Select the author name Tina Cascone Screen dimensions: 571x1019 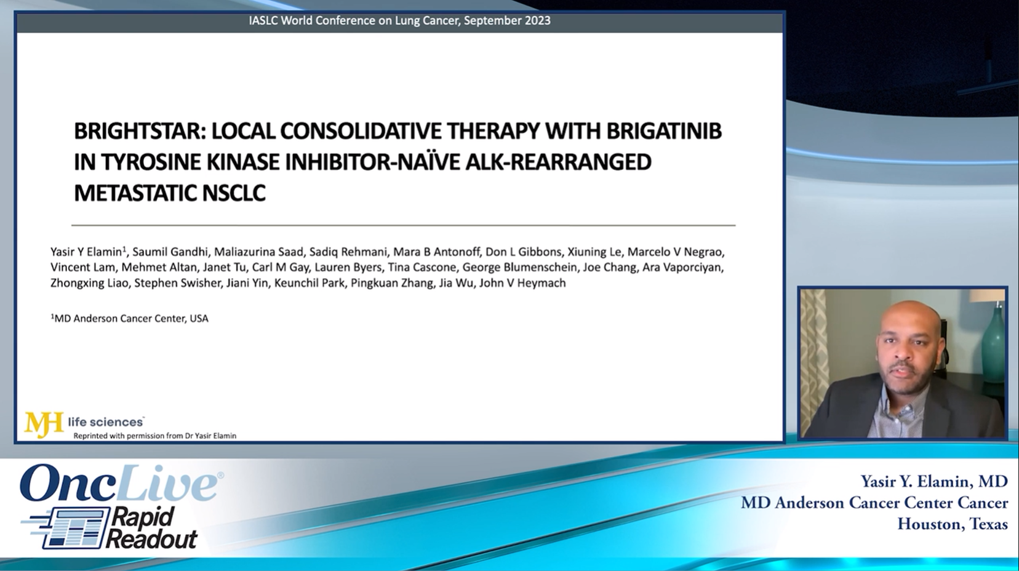click(422, 267)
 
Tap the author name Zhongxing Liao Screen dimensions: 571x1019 click(89, 283)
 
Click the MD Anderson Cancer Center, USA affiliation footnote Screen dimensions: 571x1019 click(130, 318)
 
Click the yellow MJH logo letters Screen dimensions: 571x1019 click(43, 423)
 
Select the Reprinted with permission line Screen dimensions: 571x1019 click(154, 436)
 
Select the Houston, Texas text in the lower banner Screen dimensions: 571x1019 click(952, 524)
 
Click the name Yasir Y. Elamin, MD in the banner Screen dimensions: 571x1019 click(933, 481)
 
